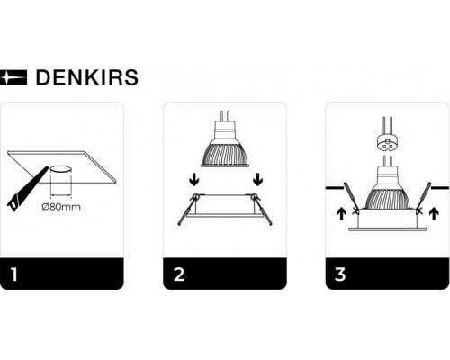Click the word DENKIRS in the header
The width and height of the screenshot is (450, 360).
86,77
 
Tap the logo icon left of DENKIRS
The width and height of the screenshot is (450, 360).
15,77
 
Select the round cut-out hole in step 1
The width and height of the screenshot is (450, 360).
60,169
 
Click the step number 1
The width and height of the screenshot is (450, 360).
13,273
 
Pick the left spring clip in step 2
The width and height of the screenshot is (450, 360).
185,210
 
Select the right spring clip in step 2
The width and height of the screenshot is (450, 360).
264,210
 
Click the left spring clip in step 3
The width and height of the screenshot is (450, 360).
347,196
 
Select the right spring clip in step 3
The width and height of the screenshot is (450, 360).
424,196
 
